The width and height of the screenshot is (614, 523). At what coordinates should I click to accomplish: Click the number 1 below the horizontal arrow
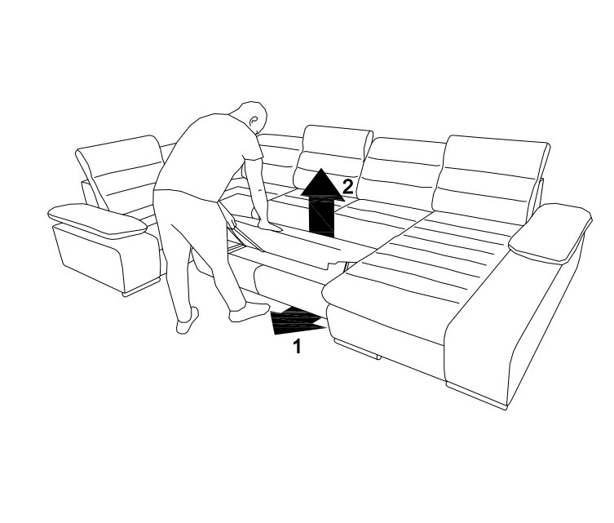(x=297, y=347)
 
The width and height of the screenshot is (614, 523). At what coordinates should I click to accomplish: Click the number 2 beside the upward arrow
(x=347, y=187)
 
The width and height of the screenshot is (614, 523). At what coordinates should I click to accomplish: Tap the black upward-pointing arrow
(x=322, y=203)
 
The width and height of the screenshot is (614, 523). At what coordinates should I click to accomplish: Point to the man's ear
(x=254, y=120)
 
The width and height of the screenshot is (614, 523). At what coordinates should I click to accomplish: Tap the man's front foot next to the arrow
(x=249, y=312)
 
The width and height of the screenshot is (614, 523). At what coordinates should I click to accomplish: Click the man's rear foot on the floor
(x=188, y=321)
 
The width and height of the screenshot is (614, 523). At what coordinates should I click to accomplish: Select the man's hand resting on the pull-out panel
(x=269, y=226)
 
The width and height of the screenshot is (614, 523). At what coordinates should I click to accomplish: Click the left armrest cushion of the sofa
(x=97, y=220)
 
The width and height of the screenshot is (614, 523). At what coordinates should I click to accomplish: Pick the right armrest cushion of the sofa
(x=550, y=233)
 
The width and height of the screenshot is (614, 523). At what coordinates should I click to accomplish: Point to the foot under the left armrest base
(x=141, y=287)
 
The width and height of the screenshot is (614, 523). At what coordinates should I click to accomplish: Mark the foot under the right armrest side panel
(x=476, y=396)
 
